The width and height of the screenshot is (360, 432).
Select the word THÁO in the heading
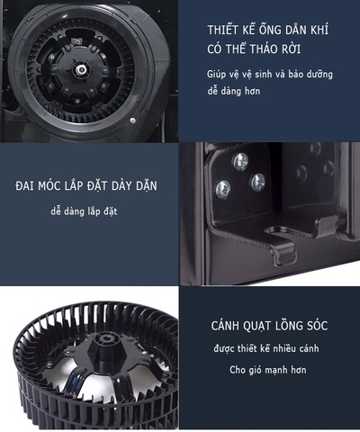pyautogui.click(x=270, y=49)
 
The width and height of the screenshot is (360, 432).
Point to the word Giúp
pyautogui.click(x=217, y=76)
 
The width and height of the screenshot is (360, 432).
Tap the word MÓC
pyautogui.click(x=53, y=186)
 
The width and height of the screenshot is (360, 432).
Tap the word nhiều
pyautogui.click(x=282, y=347)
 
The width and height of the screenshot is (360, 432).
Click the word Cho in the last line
pyautogui.click(x=239, y=370)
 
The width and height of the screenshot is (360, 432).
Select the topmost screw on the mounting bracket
pyautogui.click(x=240, y=162)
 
